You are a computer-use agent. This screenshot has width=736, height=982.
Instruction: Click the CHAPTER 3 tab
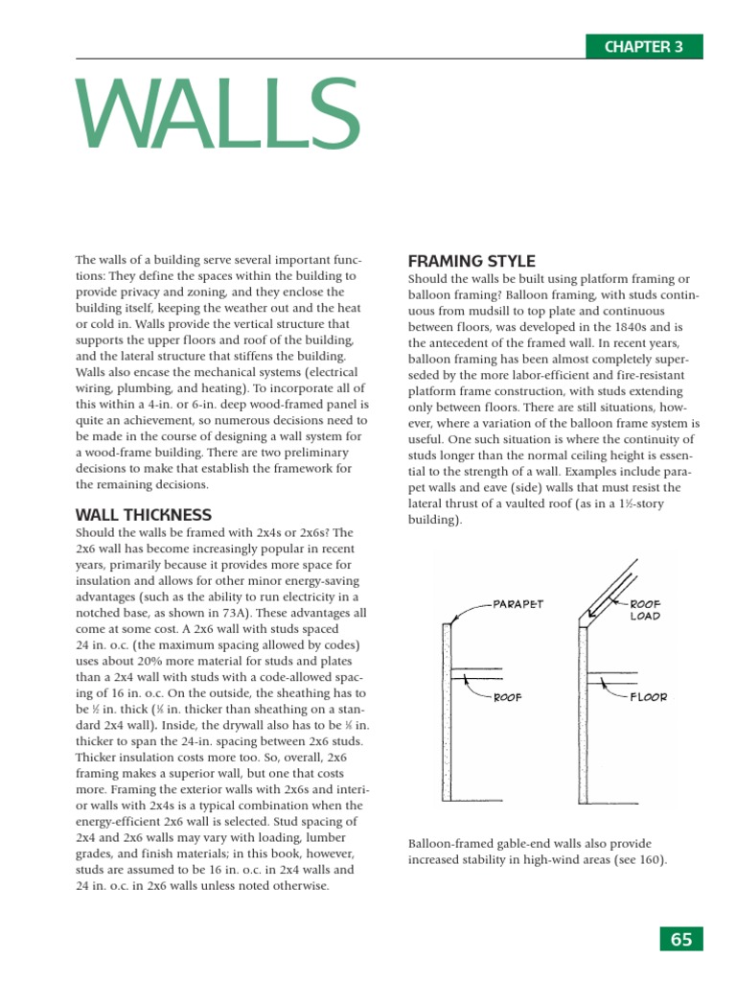(644, 46)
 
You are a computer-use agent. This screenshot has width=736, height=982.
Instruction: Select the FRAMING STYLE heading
(471, 261)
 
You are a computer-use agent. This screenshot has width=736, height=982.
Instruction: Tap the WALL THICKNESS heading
(143, 515)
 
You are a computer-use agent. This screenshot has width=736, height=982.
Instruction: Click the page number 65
(681, 940)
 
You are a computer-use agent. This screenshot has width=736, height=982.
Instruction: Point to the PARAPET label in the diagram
(517, 605)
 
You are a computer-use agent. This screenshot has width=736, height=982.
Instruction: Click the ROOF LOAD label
(645, 611)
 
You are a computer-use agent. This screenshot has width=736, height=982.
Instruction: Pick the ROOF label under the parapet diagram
(507, 697)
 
